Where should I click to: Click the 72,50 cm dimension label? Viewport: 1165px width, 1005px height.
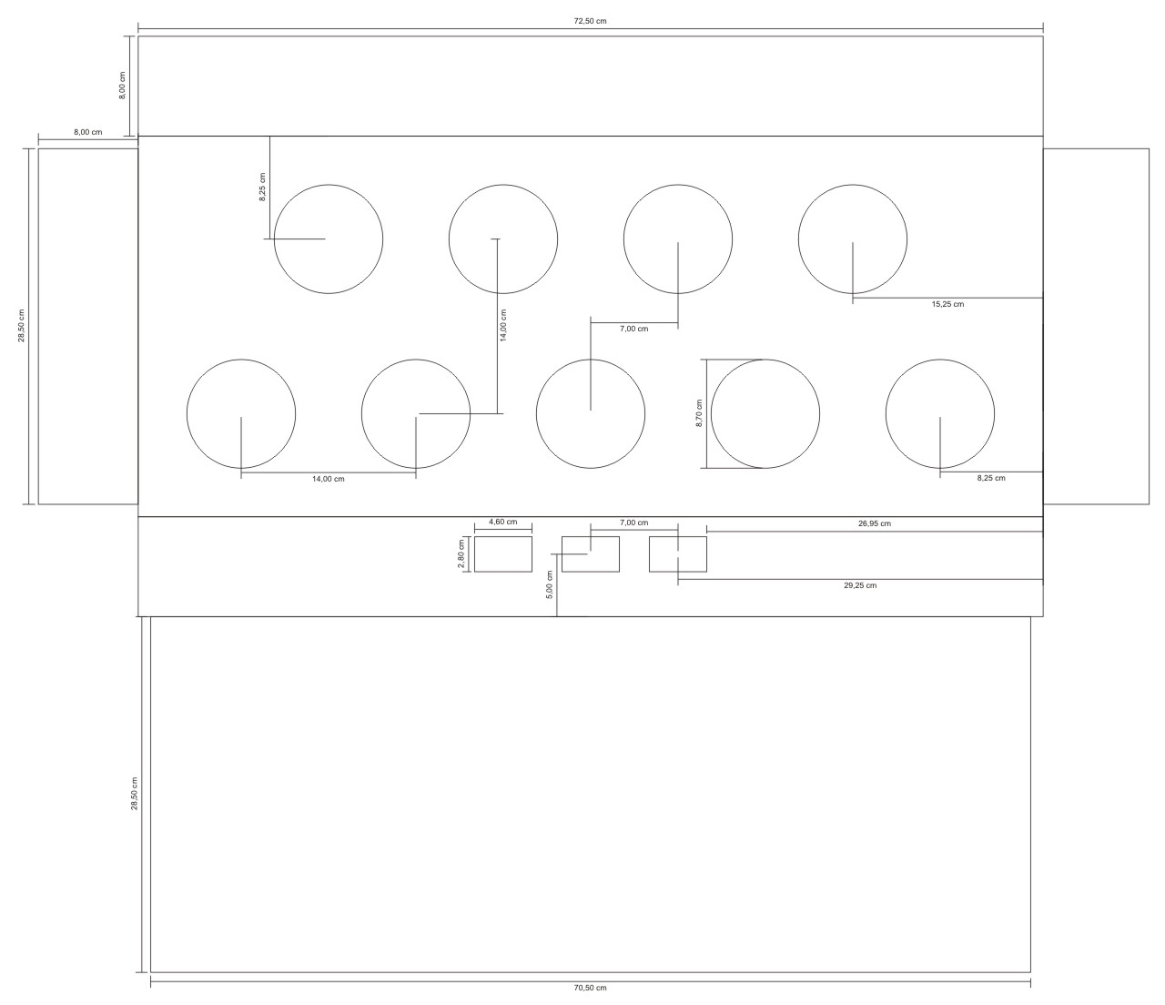click(x=590, y=22)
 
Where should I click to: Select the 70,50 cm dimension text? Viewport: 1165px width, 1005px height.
click(x=590, y=988)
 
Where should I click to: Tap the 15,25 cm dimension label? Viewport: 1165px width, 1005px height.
click(x=947, y=304)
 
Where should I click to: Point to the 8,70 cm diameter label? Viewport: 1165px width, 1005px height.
click(x=699, y=413)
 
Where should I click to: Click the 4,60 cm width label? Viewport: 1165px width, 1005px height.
click(x=502, y=522)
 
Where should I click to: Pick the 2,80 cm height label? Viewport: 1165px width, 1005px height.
click(x=461, y=553)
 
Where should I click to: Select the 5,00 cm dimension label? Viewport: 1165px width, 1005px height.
click(x=550, y=584)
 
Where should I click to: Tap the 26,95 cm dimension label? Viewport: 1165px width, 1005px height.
click(x=874, y=523)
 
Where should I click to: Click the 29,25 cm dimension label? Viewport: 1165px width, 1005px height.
click(x=860, y=585)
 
